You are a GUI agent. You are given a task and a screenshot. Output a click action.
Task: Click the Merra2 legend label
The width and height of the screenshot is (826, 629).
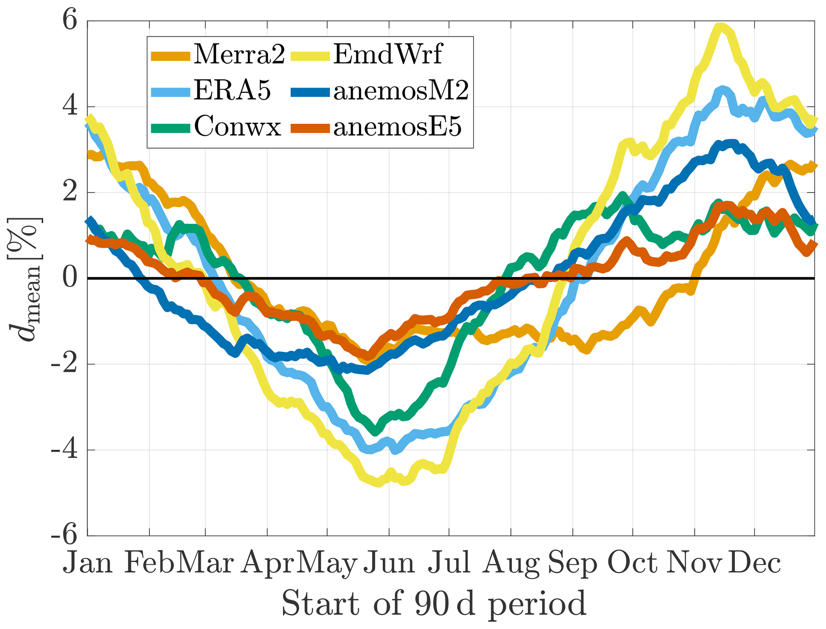pos(239,55)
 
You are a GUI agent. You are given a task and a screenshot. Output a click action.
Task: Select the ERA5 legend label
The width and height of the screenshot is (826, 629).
pos(233,91)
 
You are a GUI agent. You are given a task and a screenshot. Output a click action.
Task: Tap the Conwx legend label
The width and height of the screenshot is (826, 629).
pos(238,127)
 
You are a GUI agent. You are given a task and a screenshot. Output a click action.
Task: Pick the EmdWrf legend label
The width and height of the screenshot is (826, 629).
pos(388,55)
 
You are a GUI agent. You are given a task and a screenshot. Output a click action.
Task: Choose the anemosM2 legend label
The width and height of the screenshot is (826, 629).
pos(401,91)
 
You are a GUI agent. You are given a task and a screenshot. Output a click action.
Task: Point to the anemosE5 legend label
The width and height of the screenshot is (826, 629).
pos(397,127)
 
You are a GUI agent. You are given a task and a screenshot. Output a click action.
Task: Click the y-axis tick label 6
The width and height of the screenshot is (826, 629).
pos(70,21)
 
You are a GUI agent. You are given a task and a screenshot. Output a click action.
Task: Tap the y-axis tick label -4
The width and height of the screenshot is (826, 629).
pos(64,450)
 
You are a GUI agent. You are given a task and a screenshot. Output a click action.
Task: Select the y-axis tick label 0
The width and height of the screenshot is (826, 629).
pos(70,278)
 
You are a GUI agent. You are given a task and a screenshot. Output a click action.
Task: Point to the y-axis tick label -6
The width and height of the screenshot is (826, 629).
pos(64,536)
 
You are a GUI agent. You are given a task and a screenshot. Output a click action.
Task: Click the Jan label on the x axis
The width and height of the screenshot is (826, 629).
pos(88,563)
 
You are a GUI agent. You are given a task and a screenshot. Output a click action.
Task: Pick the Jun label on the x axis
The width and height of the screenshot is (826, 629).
pos(389,563)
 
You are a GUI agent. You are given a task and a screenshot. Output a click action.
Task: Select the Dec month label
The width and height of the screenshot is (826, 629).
pos(754,563)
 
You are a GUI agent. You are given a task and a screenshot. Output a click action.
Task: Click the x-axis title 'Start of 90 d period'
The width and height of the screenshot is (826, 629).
pos(434,603)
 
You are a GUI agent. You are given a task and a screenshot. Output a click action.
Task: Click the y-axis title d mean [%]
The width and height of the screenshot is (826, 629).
pos(25,278)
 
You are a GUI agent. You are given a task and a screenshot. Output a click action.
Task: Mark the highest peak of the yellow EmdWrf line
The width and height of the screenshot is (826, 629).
pos(721,27)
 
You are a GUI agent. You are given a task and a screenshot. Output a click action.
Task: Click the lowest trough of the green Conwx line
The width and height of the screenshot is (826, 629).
pos(375,432)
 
